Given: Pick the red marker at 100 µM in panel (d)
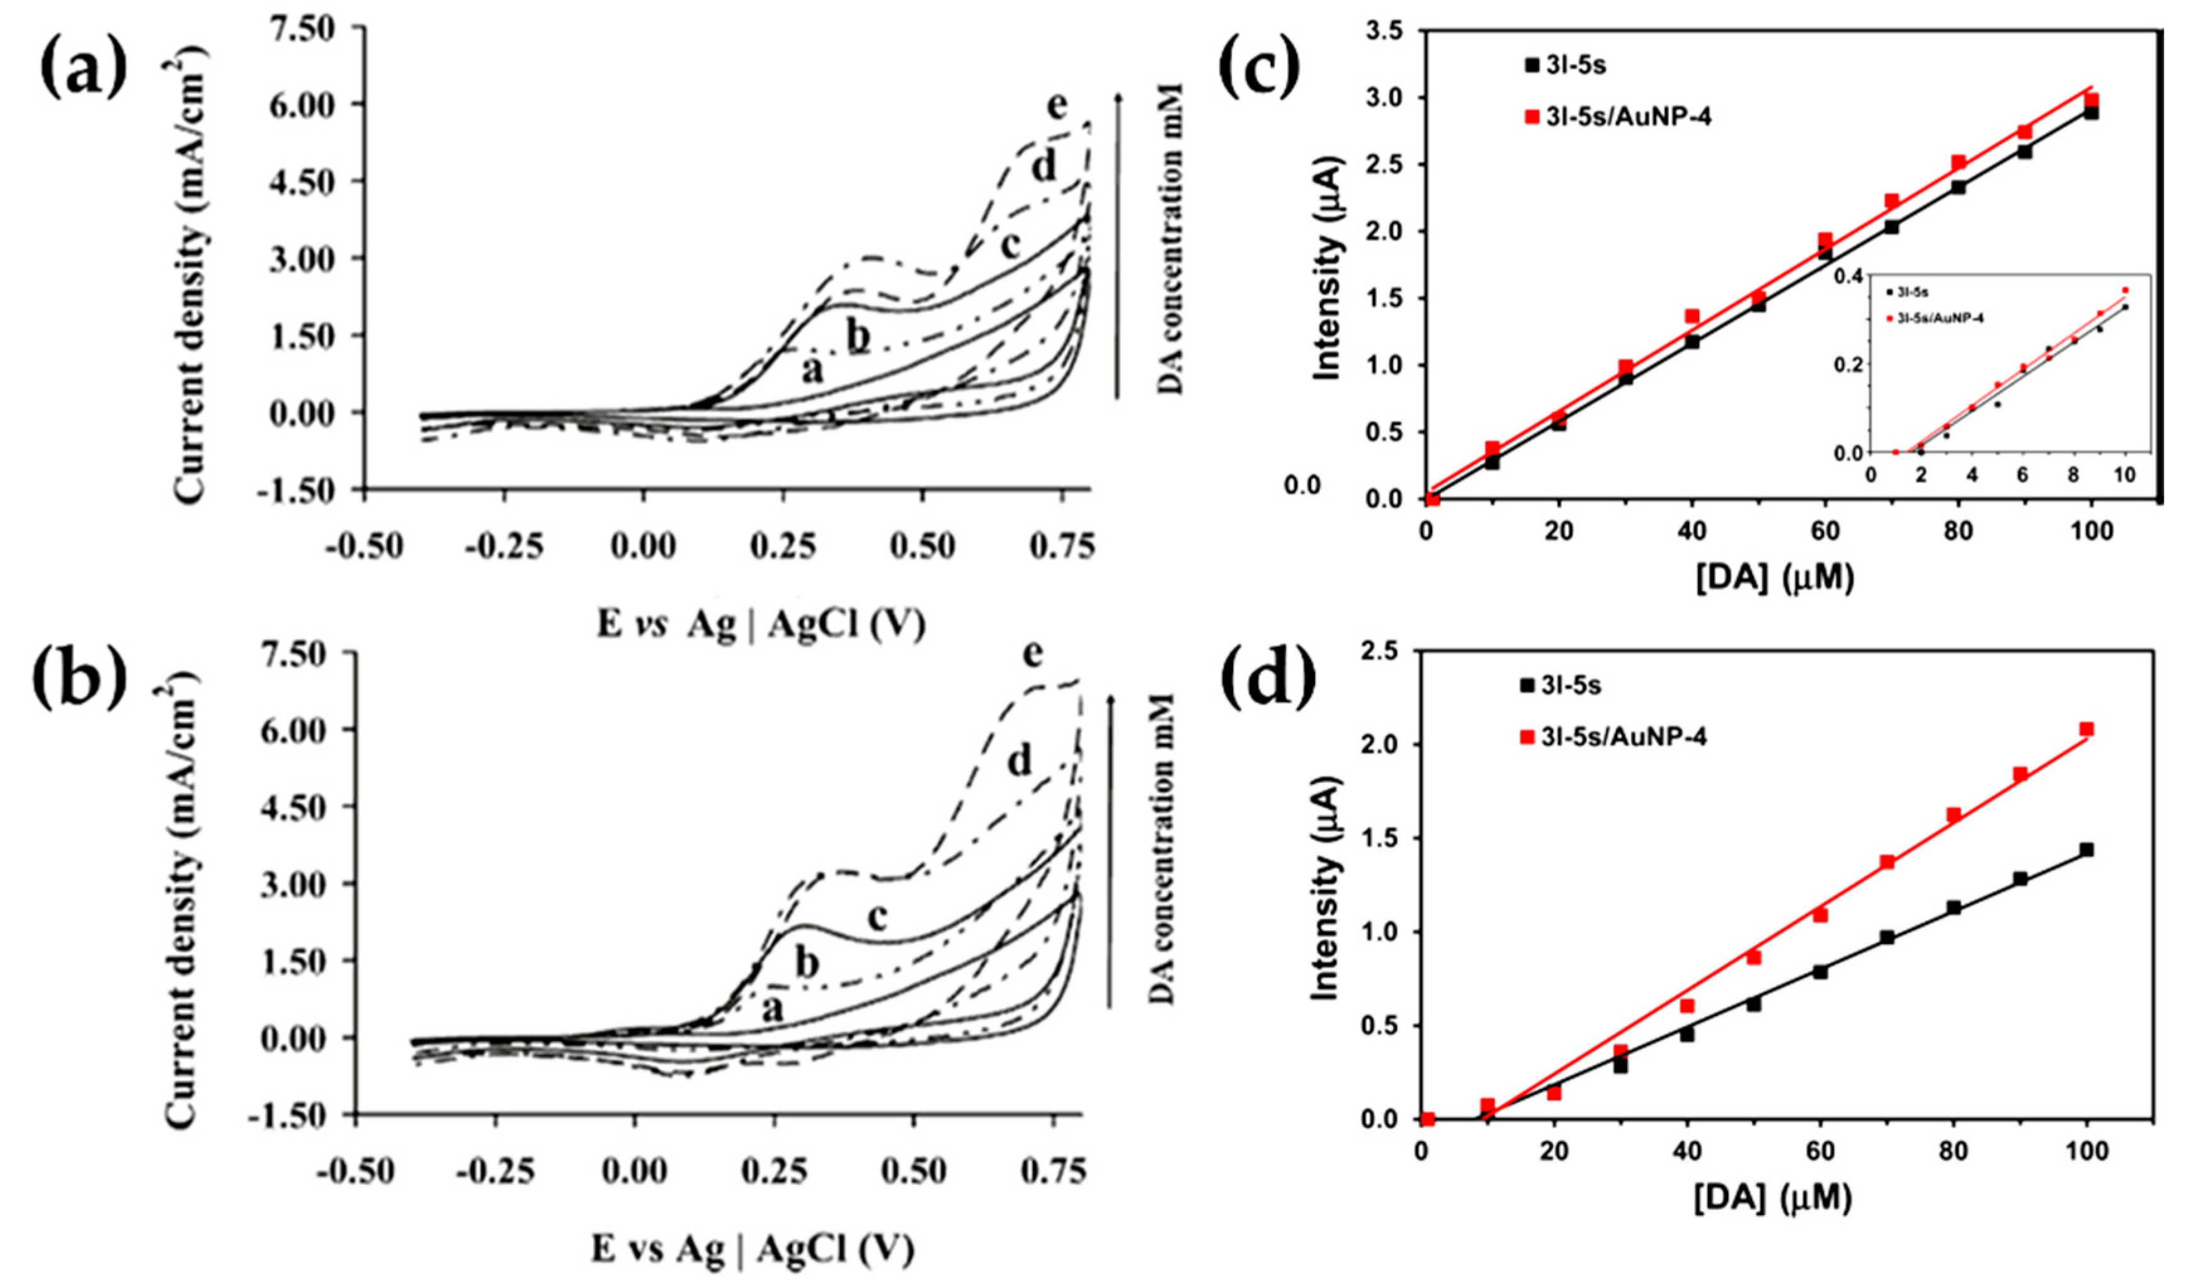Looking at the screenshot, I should coord(2086,729).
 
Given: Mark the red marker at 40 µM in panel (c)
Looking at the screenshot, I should coord(1692,316).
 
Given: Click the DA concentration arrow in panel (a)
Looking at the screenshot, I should coord(1120,244).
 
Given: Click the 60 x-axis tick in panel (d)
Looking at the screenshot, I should coord(1819,1151).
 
